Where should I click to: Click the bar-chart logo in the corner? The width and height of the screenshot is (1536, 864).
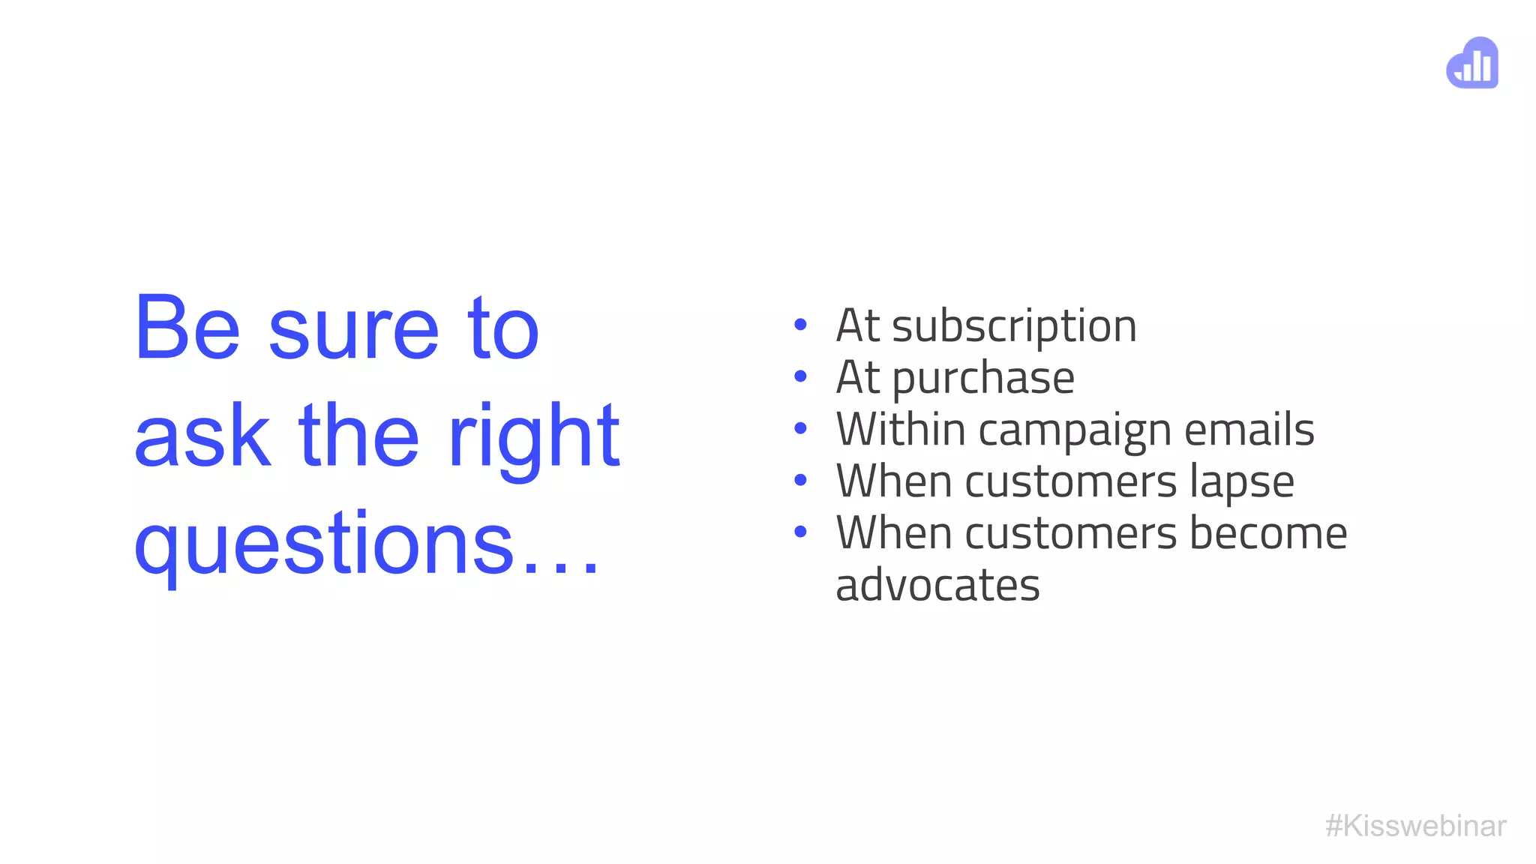[x=1472, y=63]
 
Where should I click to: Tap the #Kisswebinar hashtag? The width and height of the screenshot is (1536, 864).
[x=1415, y=826]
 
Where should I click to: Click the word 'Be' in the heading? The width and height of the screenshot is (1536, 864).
[x=187, y=328]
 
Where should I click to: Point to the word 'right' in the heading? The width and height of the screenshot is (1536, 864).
[x=534, y=439]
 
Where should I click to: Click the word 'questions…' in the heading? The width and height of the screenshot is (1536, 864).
[x=367, y=544]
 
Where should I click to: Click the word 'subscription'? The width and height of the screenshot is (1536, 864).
[x=1014, y=328]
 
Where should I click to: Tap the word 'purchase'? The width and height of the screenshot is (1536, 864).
[x=983, y=379]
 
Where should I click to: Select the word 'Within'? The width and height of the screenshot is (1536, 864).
[x=901, y=430]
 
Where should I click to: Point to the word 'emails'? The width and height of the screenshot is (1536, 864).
[x=1249, y=430]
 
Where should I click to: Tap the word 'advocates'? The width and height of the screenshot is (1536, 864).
[x=937, y=586]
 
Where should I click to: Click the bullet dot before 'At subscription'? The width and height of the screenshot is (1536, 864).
[x=800, y=325]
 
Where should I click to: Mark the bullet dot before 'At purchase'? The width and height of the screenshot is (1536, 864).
[x=800, y=376]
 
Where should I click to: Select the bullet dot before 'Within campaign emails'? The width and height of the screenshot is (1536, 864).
[x=800, y=428]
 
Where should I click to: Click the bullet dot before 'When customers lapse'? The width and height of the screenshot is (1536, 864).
[x=800, y=480]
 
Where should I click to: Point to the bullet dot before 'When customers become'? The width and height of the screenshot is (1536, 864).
[x=800, y=532]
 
